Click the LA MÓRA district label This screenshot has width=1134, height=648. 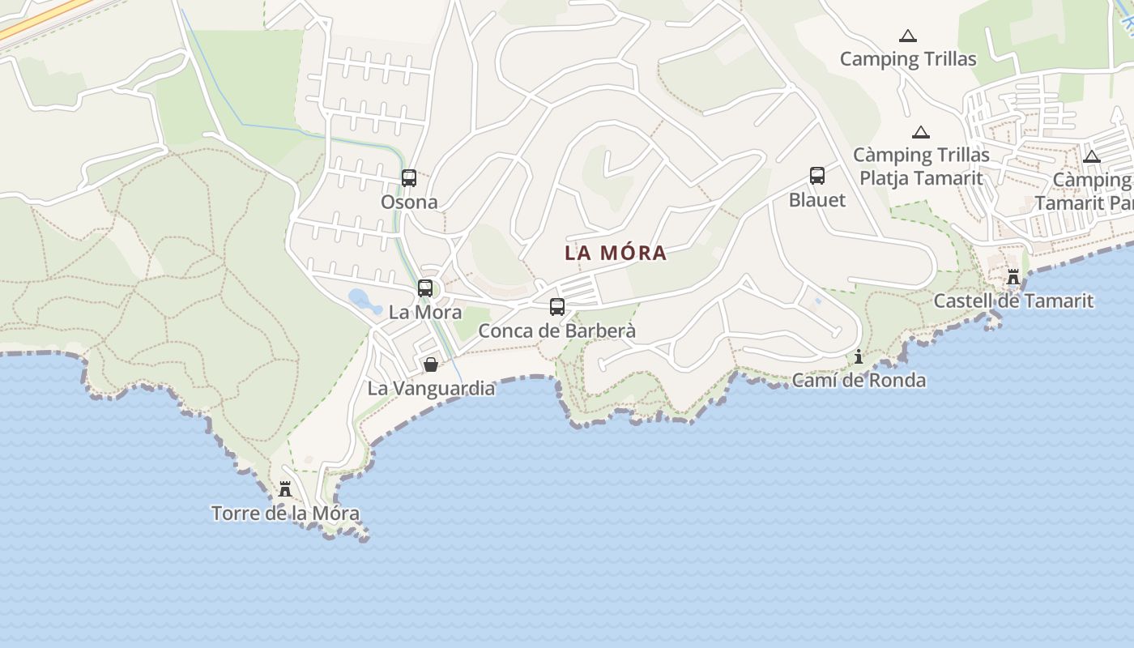616,253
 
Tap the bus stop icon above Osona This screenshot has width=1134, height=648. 409,178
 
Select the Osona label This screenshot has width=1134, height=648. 409,202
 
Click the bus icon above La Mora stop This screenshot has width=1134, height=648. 425,288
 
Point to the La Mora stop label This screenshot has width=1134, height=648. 425,312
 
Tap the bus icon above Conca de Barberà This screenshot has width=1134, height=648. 557,307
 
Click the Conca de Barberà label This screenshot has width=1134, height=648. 557,330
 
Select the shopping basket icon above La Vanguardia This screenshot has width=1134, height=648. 431,364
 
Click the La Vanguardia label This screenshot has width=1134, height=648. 431,388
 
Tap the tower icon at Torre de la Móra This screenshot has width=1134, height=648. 285,489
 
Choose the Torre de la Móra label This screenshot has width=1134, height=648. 285,513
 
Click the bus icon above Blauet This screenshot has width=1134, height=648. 817,176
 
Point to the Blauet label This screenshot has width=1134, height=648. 817,199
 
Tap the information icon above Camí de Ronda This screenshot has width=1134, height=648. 859,356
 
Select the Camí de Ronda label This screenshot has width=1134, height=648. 859,380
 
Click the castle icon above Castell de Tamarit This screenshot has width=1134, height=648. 1013,277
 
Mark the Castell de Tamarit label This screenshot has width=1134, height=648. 1013,301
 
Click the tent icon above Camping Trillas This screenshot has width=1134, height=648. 908,36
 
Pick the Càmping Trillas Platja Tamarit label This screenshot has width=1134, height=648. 921,166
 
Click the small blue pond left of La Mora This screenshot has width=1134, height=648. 364,301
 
